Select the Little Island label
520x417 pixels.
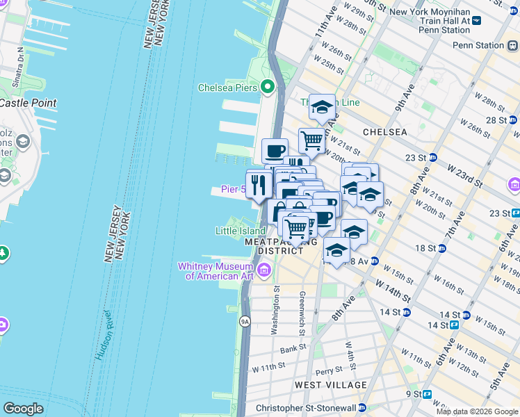point(239,231)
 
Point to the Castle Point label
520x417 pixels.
point(28,103)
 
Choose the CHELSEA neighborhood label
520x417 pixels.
point(384,131)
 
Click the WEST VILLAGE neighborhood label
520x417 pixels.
point(330,384)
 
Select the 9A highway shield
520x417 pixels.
point(245,321)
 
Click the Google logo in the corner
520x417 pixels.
point(23,409)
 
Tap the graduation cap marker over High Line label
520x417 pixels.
point(322,107)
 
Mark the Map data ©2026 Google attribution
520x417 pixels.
point(477,411)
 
